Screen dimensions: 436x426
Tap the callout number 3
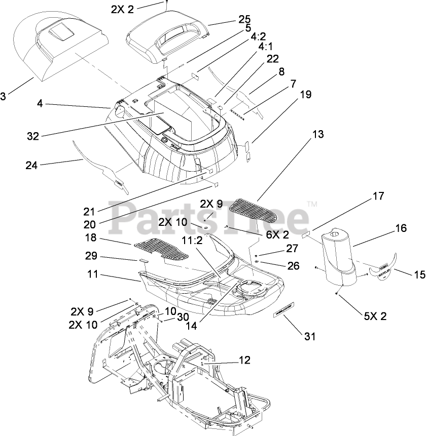click(4, 96)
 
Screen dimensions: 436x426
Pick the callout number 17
click(378, 195)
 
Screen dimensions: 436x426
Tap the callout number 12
click(244, 360)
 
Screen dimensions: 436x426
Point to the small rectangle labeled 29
click(142, 260)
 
